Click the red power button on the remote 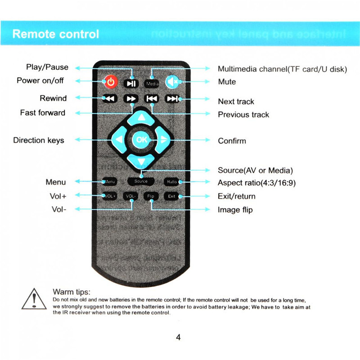pos(111,82)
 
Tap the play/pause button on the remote pos(130,83)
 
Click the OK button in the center pos(141,140)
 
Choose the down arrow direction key pos(141,161)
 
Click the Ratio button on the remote pos(171,182)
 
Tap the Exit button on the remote pos(171,196)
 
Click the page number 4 pos(178,337)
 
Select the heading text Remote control pos(56,34)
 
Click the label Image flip pos(235,210)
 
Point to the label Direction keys pos(39,140)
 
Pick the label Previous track pos(243,115)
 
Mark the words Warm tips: pos(72,292)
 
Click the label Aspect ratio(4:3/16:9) pos(256,183)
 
